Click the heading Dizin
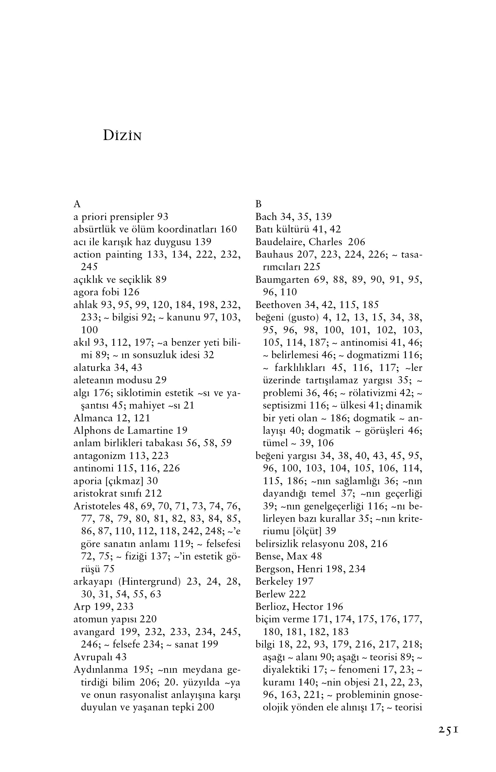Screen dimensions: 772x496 (122, 136)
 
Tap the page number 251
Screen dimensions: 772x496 (448, 730)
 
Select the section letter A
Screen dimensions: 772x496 (77, 204)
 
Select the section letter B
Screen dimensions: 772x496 (258, 204)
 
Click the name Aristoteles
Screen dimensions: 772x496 (97, 506)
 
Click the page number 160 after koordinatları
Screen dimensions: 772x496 (228, 229)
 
